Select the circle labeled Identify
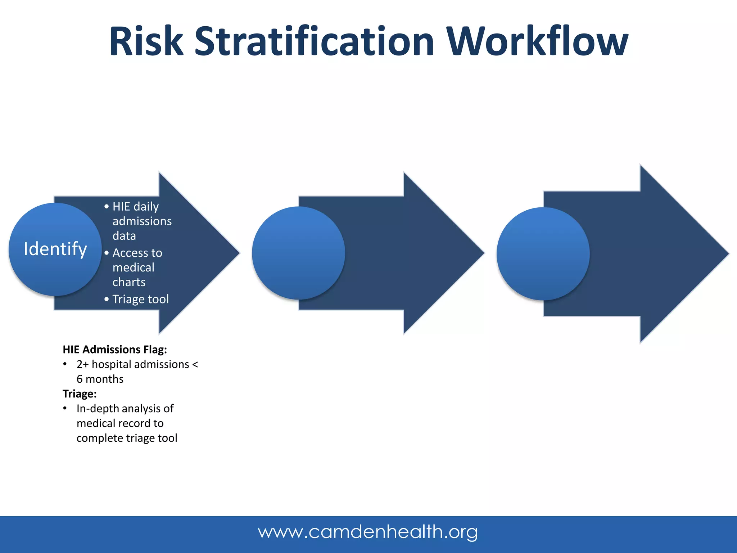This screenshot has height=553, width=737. tap(55, 249)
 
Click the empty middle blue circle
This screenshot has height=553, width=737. tap(298, 253)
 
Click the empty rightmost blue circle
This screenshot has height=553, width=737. tap(543, 253)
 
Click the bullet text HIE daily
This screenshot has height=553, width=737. tap(135, 207)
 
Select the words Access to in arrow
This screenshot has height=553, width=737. tap(137, 253)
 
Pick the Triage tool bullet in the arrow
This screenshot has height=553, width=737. tap(140, 299)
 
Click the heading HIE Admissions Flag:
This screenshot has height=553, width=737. tap(115, 349)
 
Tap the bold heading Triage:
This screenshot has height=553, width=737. tap(80, 394)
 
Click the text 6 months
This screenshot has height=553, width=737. tap(100, 379)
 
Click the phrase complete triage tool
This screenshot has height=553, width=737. tap(127, 438)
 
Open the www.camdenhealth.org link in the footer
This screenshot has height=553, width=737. tap(368, 532)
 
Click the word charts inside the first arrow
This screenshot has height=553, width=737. tap(129, 282)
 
